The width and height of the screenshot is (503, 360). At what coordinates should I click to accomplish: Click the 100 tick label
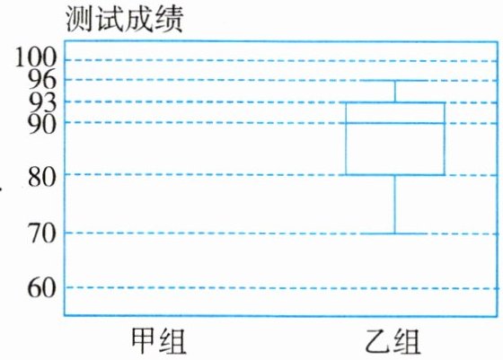[x=36, y=57]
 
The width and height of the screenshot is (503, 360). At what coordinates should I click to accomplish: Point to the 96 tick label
[x=42, y=80]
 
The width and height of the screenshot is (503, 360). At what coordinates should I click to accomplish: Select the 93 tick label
[x=42, y=102]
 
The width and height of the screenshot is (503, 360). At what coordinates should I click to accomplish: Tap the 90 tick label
[x=42, y=125]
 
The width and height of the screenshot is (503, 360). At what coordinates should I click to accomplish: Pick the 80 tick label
[x=42, y=177]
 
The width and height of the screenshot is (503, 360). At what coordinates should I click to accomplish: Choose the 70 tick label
[x=42, y=233]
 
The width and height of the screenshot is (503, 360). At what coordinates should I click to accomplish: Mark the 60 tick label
[x=42, y=288]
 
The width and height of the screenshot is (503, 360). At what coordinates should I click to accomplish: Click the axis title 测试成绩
[x=124, y=19]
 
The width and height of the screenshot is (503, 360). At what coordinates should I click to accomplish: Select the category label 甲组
[x=159, y=341]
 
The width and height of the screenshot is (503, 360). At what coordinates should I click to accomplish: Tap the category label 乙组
[x=393, y=342]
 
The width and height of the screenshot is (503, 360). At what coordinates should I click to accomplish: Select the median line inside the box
[x=395, y=123]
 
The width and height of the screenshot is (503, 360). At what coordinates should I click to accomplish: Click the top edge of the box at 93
[x=395, y=102]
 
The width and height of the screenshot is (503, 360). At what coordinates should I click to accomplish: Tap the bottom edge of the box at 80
[x=395, y=175]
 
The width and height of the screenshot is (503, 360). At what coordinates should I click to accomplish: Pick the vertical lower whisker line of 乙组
[x=395, y=204]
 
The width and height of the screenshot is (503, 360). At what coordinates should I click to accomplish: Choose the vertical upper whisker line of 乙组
[x=395, y=92]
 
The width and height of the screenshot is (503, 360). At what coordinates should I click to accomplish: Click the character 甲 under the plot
[x=145, y=341]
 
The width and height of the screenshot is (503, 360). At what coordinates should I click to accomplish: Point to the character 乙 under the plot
[x=378, y=342]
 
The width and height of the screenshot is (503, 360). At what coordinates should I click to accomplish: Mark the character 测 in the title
[x=79, y=19]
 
